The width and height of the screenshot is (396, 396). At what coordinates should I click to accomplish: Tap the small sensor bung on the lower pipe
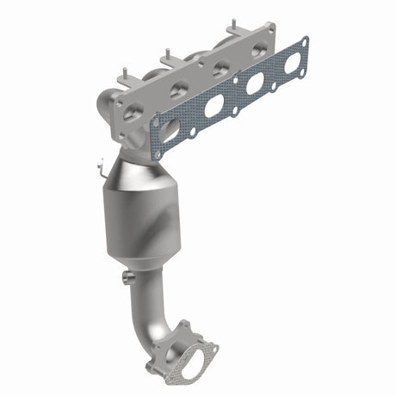tap(129, 276)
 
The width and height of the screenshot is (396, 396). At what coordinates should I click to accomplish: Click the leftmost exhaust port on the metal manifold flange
tap(133, 111)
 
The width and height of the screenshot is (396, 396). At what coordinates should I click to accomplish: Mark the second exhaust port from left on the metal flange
tap(178, 89)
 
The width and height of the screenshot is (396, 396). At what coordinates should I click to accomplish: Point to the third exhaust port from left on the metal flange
tap(220, 68)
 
